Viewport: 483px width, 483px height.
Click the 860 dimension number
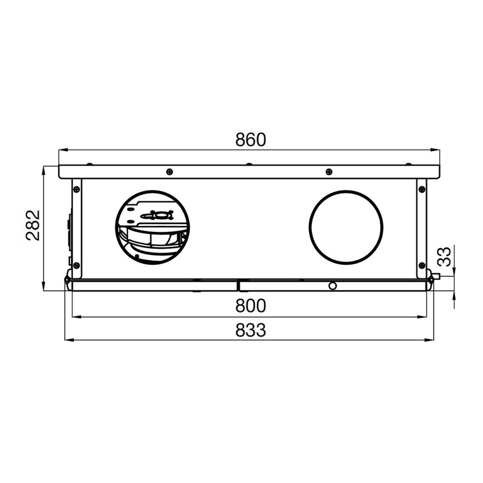pyautogui.click(x=250, y=140)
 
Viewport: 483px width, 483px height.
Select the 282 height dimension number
pyautogui.click(x=32, y=225)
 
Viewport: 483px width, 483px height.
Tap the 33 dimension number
pyautogui.click(x=444, y=256)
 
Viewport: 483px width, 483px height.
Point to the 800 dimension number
pyautogui.click(x=251, y=306)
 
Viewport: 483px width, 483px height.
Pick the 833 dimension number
pyautogui.click(x=251, y=330)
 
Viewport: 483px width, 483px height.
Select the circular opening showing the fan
pyautogui.click(x=152, y=191)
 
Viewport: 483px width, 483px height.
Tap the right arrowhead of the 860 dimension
pyautogui.click(x=435, y=150)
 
